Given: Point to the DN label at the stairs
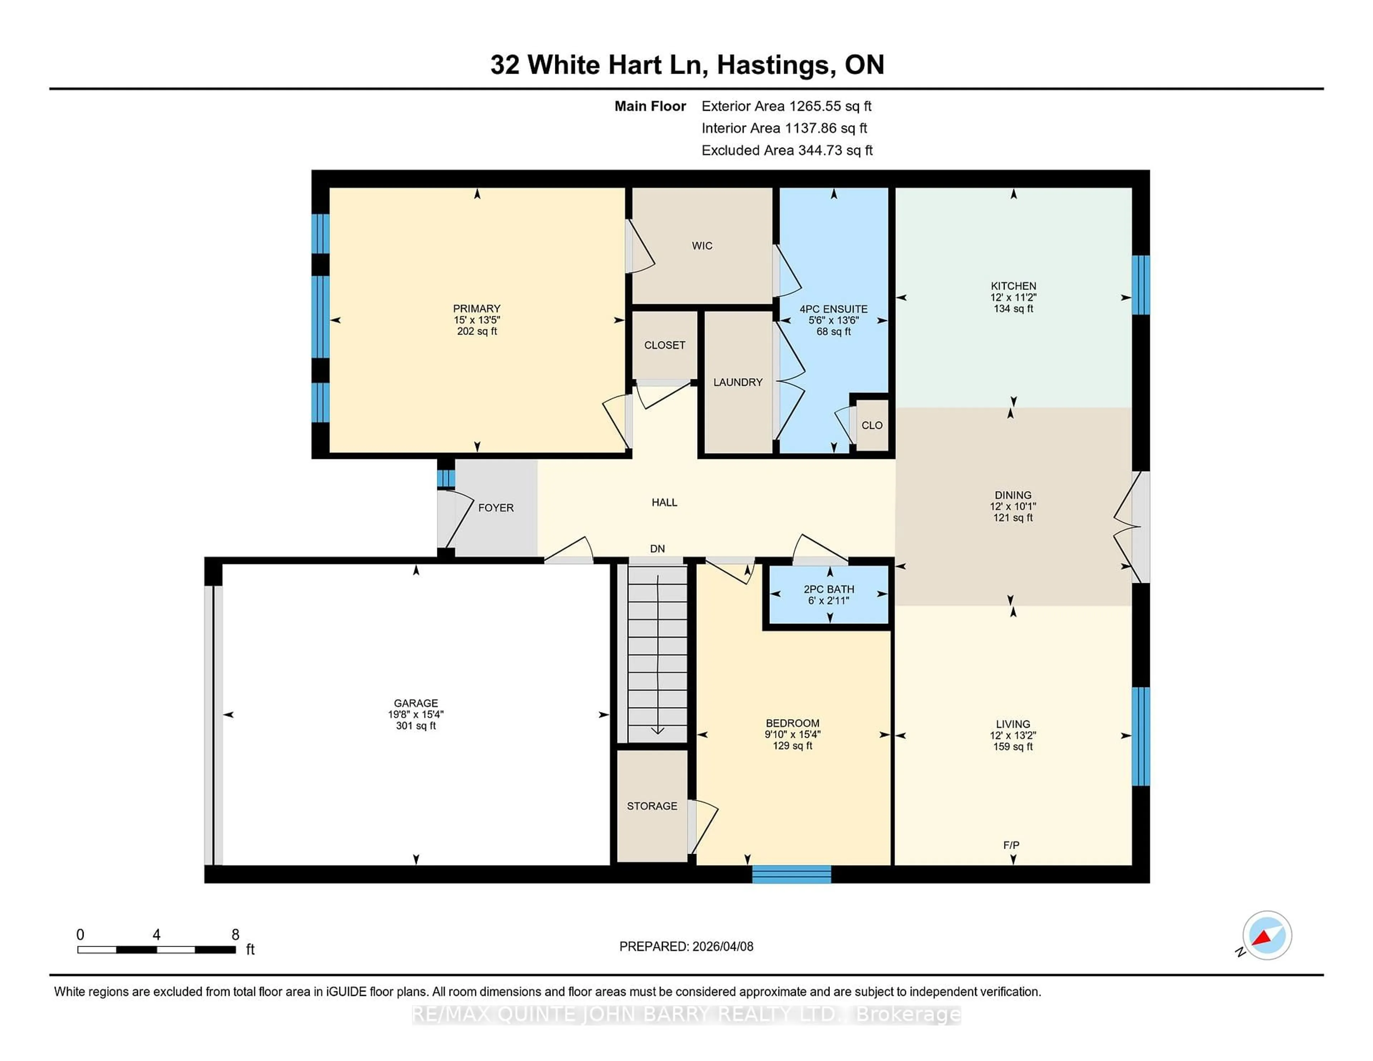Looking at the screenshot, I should click(657, 549).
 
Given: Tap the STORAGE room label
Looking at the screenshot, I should click(652, 806).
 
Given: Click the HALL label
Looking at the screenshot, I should click(664, 502).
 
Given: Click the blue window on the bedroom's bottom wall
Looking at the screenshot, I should click(792, 874).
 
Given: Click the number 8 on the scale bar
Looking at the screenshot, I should click(235, 935).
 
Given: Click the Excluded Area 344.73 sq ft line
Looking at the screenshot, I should click(787, 150).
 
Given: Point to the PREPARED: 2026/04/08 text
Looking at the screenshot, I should click(686, 947).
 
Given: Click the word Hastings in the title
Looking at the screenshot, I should click(776, 65).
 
